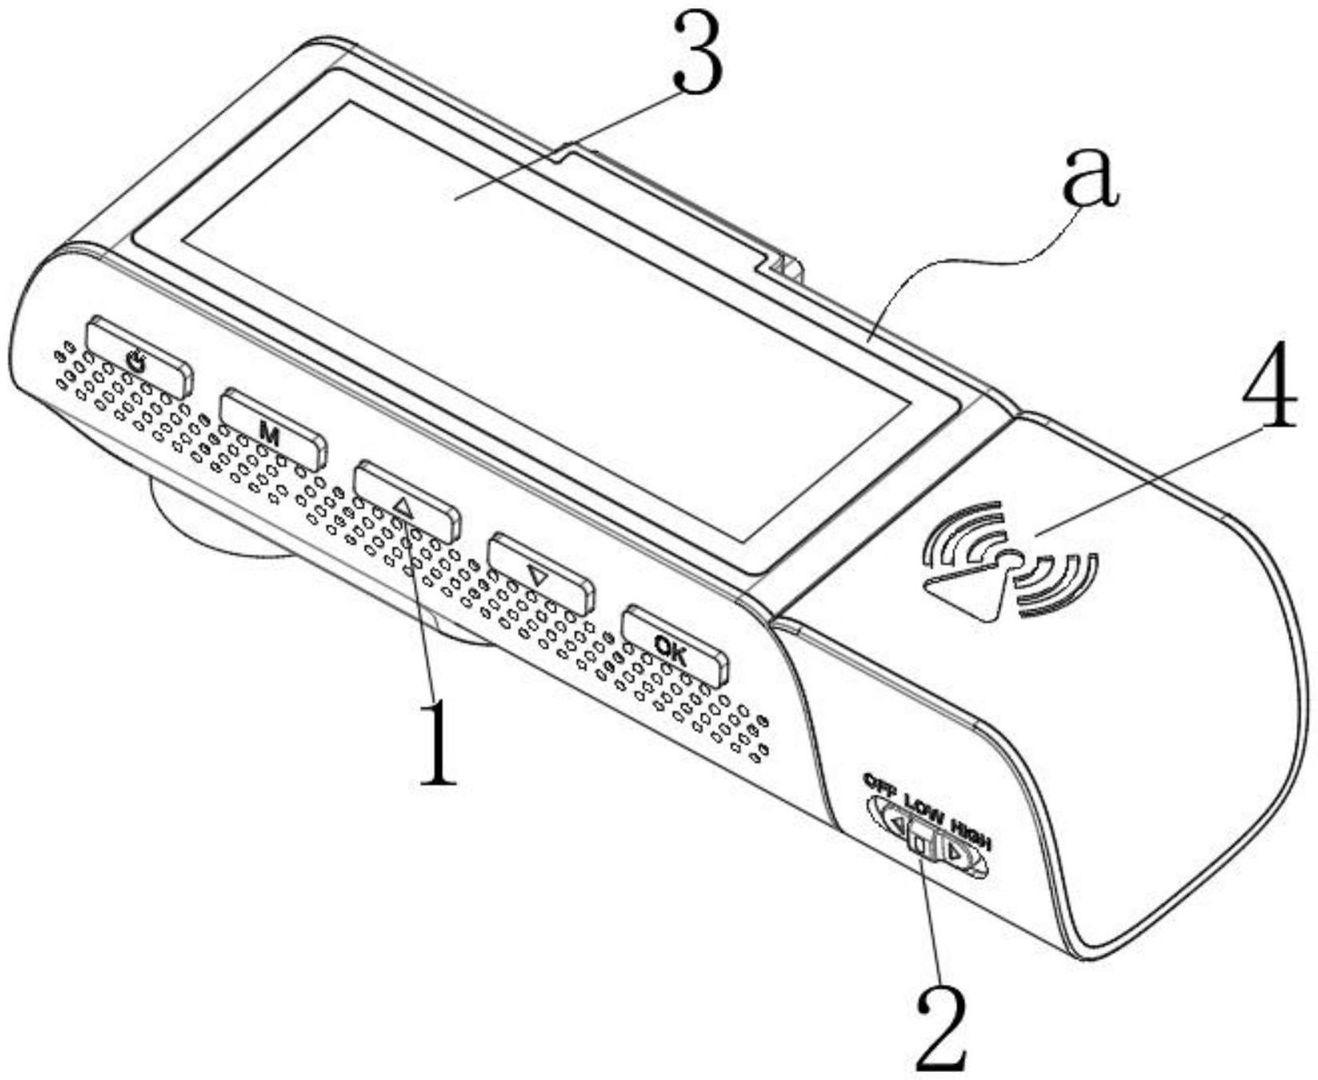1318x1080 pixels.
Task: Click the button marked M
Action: pyautogui.click(x=272, y=430)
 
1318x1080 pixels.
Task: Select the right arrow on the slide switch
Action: pyautogui.click(x=955, y=854)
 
